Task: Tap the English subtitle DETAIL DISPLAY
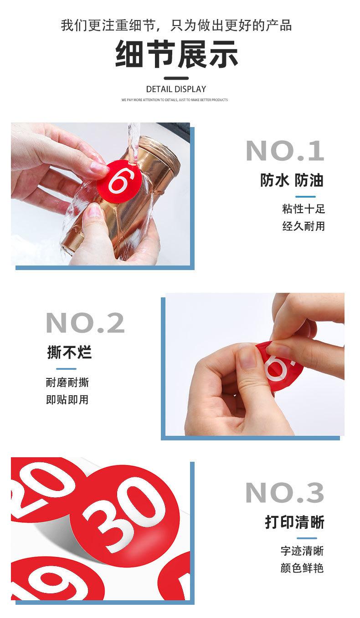pyautogui.click(x=176, y=89)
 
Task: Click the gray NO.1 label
pyautogui.click(x=285, y=151)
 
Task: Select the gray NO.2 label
pyautogui.click(x=85, y=323)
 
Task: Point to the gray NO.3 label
pyautogui.click(x=284, y=493)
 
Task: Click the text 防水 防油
pyautogui.click(x=292, y=181)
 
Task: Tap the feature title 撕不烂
pyautogui.click(x=69, y=352)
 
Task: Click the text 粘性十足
pyautogui.click(x=303, y=209)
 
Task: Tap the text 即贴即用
pyautogui.click(x=67, y=400)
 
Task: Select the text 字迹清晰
pyautogui.click(x=302, y=551)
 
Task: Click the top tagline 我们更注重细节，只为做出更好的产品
pyautogui.click(x=176, y=25)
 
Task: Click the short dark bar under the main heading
pyautogui.click(x=176, y=77)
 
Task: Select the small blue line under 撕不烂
pyautogui.click(x=66, y=368)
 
